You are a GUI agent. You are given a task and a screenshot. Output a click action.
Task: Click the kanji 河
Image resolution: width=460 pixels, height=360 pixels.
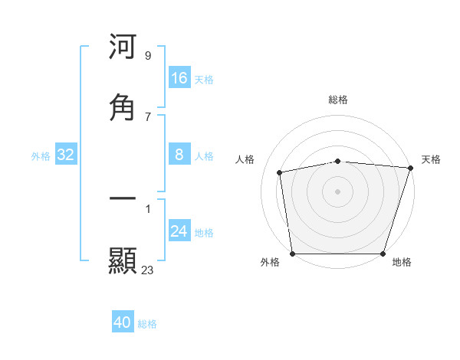123,48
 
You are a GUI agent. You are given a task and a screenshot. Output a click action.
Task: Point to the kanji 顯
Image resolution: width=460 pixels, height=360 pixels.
123,261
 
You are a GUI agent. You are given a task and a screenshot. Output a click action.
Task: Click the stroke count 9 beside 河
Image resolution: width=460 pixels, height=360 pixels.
147,56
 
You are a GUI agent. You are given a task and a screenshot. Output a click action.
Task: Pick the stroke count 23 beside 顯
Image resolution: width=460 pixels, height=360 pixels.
147,270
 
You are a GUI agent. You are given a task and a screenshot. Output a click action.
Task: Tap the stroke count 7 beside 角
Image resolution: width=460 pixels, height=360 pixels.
147,116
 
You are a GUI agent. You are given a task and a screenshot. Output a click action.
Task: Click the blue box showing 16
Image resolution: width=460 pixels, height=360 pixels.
179,78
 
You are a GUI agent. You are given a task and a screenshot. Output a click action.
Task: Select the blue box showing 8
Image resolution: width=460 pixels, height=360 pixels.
179,155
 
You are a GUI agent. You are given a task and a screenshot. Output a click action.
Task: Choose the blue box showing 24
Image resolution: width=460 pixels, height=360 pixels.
179,231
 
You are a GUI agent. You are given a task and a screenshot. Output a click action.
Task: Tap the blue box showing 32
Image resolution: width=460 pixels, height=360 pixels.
66,155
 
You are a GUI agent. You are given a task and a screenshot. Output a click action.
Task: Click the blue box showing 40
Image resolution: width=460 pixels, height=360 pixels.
123,322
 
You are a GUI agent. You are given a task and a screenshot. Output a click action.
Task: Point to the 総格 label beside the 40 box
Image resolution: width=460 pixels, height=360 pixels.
148,324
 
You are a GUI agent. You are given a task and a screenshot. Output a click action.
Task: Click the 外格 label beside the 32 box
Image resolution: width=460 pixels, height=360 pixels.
41,156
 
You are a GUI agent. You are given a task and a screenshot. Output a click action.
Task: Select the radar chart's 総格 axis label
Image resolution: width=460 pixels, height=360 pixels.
338,100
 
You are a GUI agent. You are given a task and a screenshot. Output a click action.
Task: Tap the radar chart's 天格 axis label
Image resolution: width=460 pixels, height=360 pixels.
431,159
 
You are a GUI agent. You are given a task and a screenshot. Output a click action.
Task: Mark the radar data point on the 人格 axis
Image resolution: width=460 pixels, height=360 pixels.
280,172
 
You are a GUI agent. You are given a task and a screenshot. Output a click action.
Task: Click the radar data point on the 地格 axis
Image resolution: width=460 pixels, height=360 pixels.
383,254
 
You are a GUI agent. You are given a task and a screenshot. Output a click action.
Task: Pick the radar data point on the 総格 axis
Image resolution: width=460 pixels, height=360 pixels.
338,161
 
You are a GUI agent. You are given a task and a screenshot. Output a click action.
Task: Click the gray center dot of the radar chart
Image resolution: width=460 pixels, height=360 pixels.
338,191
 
